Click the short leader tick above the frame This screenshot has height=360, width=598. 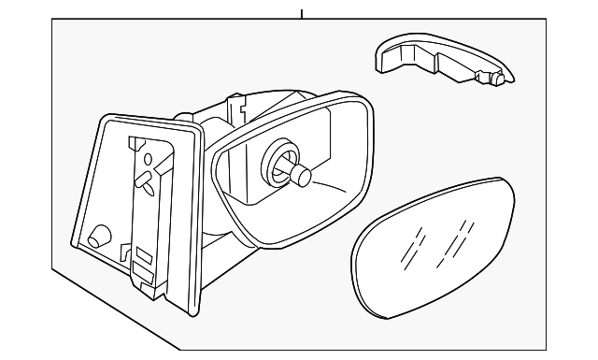click(302, 14)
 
